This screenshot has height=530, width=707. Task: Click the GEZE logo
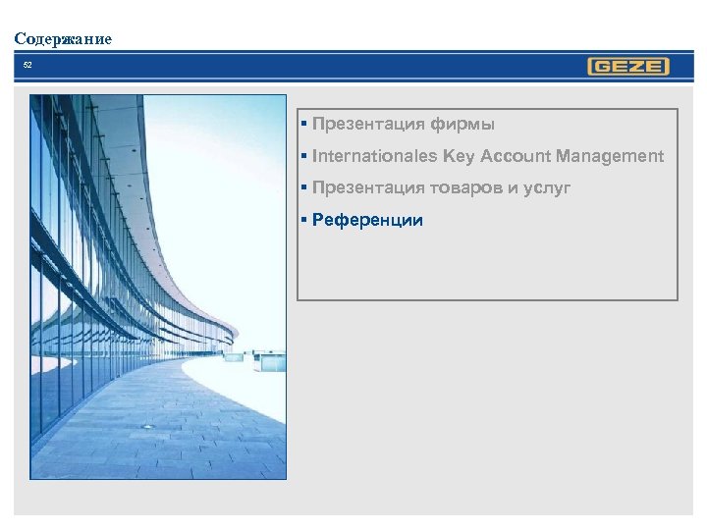(627, 67)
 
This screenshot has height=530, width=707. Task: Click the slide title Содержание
(63, 39)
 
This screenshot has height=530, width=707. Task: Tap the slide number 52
(27, 66)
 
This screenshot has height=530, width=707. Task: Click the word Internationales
(374, 156)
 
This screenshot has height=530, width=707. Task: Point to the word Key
(458, 156)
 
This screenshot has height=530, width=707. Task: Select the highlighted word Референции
(367, 220)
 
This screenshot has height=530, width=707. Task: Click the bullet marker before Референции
(305, 219)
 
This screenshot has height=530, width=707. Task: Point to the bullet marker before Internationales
(305, 155)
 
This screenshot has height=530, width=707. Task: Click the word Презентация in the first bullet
(368, 125)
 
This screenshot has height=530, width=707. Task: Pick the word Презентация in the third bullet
(368, 187)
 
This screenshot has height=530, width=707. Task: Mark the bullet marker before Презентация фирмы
(305, 124)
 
